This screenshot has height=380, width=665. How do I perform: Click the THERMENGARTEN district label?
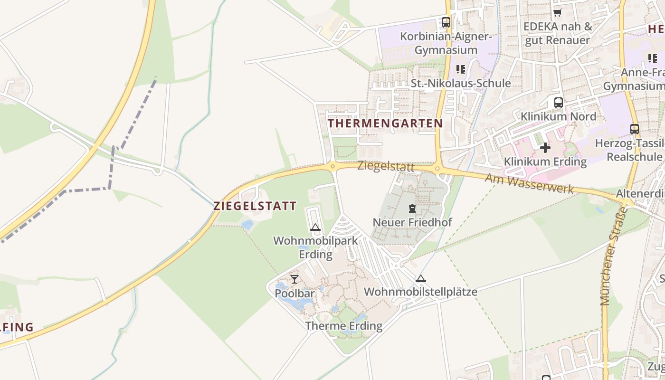pyautogui.click(x=385, y=123)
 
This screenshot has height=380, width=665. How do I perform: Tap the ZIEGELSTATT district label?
pyautogui.click(x=255, y=206)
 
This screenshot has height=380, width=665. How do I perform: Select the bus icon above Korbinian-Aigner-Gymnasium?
pyautogui.click(x=446, y=22)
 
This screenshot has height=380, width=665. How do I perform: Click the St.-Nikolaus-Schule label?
pyautogui.click(x=461, y=83)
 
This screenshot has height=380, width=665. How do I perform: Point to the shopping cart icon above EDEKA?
pyautogui.click(x=558, y=12)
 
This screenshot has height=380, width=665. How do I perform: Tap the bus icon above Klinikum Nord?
pyautogui.click(x=559, y=102)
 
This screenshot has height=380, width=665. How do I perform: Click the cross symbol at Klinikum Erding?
pyautogui.click(x=545, y=148)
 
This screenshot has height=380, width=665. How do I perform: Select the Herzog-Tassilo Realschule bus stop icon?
pyautogui.click(x=634, y=129)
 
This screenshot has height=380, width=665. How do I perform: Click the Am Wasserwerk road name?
pyautogui.click(x=529, y=183)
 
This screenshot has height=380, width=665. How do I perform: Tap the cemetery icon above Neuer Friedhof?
pyautogui.click(x=412, y=208)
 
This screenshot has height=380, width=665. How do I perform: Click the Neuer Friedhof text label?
pyautogui.click(x=412, y=222)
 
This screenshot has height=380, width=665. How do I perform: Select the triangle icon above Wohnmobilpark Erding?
pyautogui.click(x=315, y=228)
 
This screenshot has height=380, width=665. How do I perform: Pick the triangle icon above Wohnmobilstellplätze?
pyautogui.click(x=420, y=278)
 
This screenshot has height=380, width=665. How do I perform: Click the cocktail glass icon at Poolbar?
pyautogui.click(x=294, y=279)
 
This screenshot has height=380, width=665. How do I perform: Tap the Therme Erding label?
pyautogui.click(x=344, y=326)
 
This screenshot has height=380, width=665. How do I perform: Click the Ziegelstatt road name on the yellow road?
pyautogui.click(x=386, y=167)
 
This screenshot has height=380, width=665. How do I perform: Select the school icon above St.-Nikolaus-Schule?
pyautogui.click(x=460, y=69)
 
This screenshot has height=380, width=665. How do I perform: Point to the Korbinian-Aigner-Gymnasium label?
pyautogui.click(x=446, y=43)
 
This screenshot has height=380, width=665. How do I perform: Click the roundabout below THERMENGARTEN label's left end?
pyautogui.click(x=332, y=166)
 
